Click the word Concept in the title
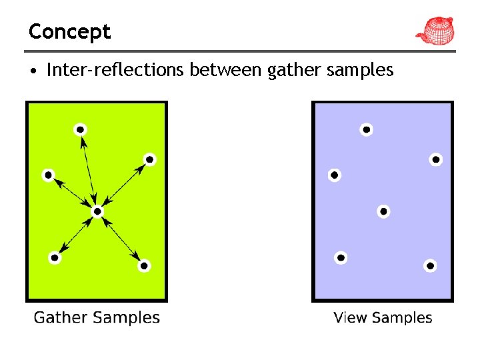pos(69,31)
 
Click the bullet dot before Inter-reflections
pos(33,70)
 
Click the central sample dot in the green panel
pos(97,211)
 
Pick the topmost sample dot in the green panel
pos(80,129)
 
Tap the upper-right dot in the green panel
pos(149,159)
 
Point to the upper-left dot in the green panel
pos(48,175)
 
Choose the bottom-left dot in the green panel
pos(55,257)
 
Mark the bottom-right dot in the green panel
pos(144,265)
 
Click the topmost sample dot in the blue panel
pos(366,129)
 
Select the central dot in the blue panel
pos(383,211)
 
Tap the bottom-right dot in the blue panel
pos(430,265)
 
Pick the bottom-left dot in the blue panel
pos(341,257)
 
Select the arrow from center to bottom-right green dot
pos(121,239)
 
